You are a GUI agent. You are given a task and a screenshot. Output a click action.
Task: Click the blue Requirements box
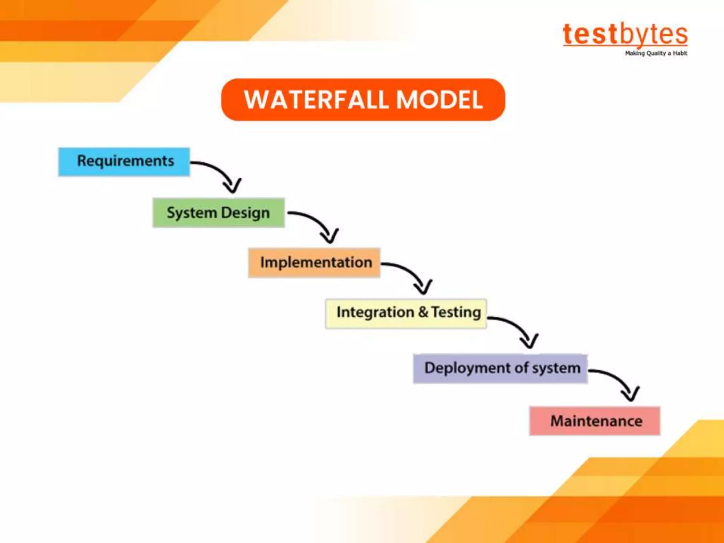tap(124, 162)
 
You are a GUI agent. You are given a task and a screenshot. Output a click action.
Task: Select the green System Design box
tap(218, 212)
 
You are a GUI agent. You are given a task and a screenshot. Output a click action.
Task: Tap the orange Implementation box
tap(314, 263)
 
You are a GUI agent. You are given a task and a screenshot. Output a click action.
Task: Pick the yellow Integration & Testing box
tap(406, 313)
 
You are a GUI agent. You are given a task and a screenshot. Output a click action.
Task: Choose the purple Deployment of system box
tap(500, 368)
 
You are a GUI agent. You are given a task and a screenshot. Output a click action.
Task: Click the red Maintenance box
tap(595, 421)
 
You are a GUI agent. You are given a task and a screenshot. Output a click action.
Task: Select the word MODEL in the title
tap(439, 100)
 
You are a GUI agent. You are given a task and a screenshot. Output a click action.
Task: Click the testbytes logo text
tap(625, 35)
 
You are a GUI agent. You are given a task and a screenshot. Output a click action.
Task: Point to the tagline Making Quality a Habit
tap(656, 53)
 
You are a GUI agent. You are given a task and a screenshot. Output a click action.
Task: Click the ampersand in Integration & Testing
tap(423, 312)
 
